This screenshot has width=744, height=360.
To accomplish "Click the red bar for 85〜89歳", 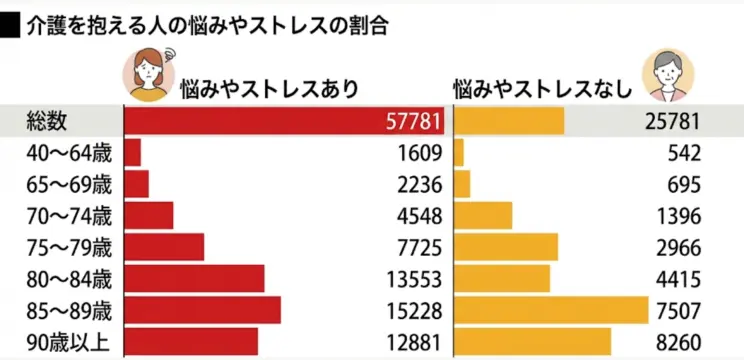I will point(202,310).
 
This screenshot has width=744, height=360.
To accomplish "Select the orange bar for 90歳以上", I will point(532,342).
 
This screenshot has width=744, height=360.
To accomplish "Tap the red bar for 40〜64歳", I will point(132,153).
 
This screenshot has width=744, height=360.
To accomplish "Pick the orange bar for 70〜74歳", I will point(483,216).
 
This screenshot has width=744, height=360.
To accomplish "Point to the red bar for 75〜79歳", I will point(164,247).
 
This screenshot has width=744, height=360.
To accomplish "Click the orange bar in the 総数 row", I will point(509,122).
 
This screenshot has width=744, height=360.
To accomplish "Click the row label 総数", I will point(47,121).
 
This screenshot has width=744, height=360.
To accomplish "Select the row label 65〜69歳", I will point(71,184).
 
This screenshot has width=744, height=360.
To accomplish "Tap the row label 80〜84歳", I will point(71,278).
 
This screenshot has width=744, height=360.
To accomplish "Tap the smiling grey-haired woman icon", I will point(667,74).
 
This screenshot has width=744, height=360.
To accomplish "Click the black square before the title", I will point(11,25).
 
